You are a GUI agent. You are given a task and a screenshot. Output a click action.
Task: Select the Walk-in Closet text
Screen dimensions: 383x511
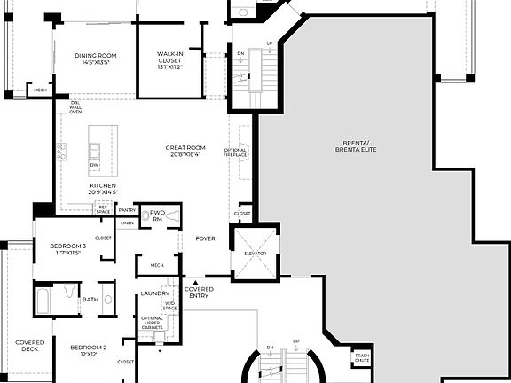click(x=169, y=59)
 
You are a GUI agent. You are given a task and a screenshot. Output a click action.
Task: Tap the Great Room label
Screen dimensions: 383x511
click(x=185, y=151)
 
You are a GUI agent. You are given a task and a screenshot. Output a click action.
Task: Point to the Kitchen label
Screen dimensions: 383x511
click(x=103, y=189)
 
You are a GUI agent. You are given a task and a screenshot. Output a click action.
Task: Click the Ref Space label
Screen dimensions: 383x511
click(x=104, y=209)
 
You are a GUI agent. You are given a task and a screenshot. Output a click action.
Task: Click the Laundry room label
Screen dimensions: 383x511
click(x=154, y=293)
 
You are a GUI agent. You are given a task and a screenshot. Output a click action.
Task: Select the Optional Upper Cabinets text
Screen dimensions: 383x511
click(x=152, y=324)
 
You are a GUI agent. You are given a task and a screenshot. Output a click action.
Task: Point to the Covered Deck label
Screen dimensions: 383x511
click(x=29, y=347)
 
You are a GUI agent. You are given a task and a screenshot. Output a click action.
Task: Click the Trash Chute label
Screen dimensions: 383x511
click(x=362, y=357)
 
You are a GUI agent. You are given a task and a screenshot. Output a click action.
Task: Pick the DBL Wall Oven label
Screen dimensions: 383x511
click(x=76, y=107)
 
